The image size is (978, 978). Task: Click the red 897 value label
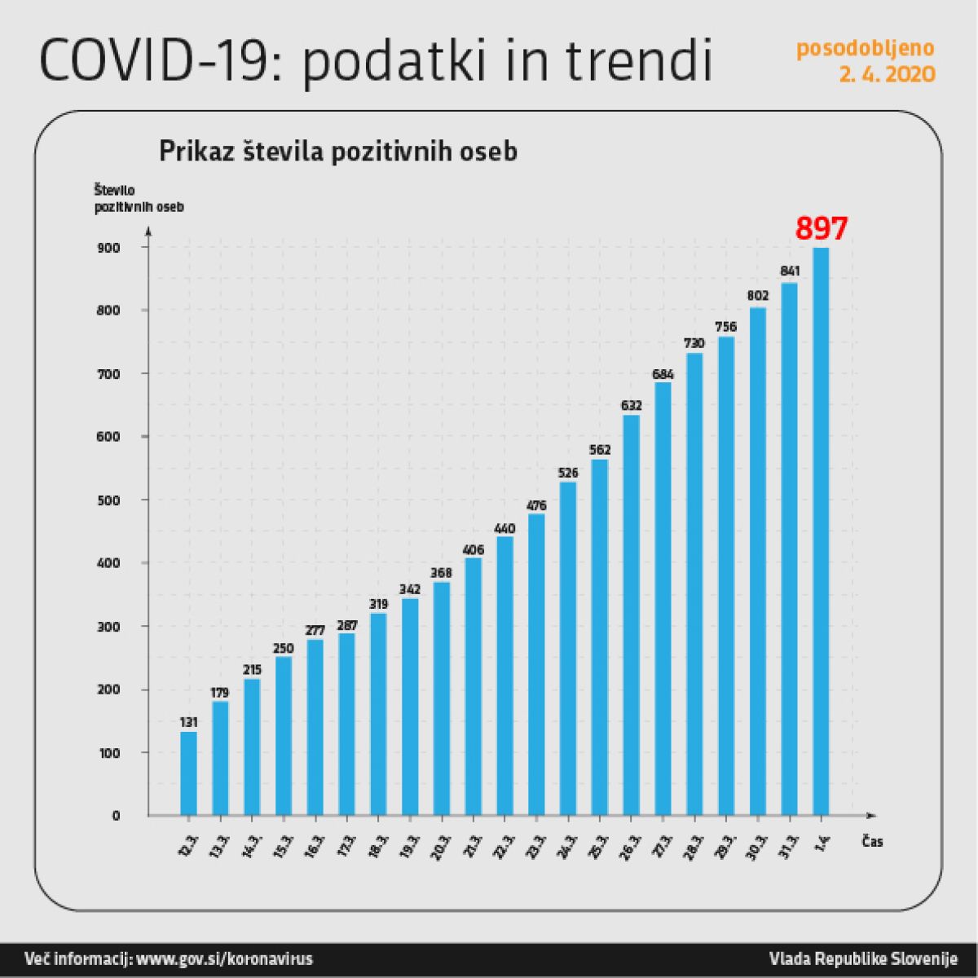[x=822, y=228]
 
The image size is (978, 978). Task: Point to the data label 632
[x=632, y=405]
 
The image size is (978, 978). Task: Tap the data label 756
[x=725, y=327]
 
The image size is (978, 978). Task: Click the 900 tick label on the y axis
[x=111, y=248]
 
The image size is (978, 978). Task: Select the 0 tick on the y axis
[x=116, y=816]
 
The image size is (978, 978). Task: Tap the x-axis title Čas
[x=872, y=842]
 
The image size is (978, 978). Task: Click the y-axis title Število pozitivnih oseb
[x=139, y=199]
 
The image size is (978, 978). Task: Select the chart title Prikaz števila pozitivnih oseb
[x=337, y=152]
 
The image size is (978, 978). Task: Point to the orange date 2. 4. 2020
[x=887, y=75]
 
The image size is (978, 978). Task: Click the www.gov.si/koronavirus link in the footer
[x=224, y=958]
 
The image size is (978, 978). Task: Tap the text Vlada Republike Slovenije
[x=862, y=958]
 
